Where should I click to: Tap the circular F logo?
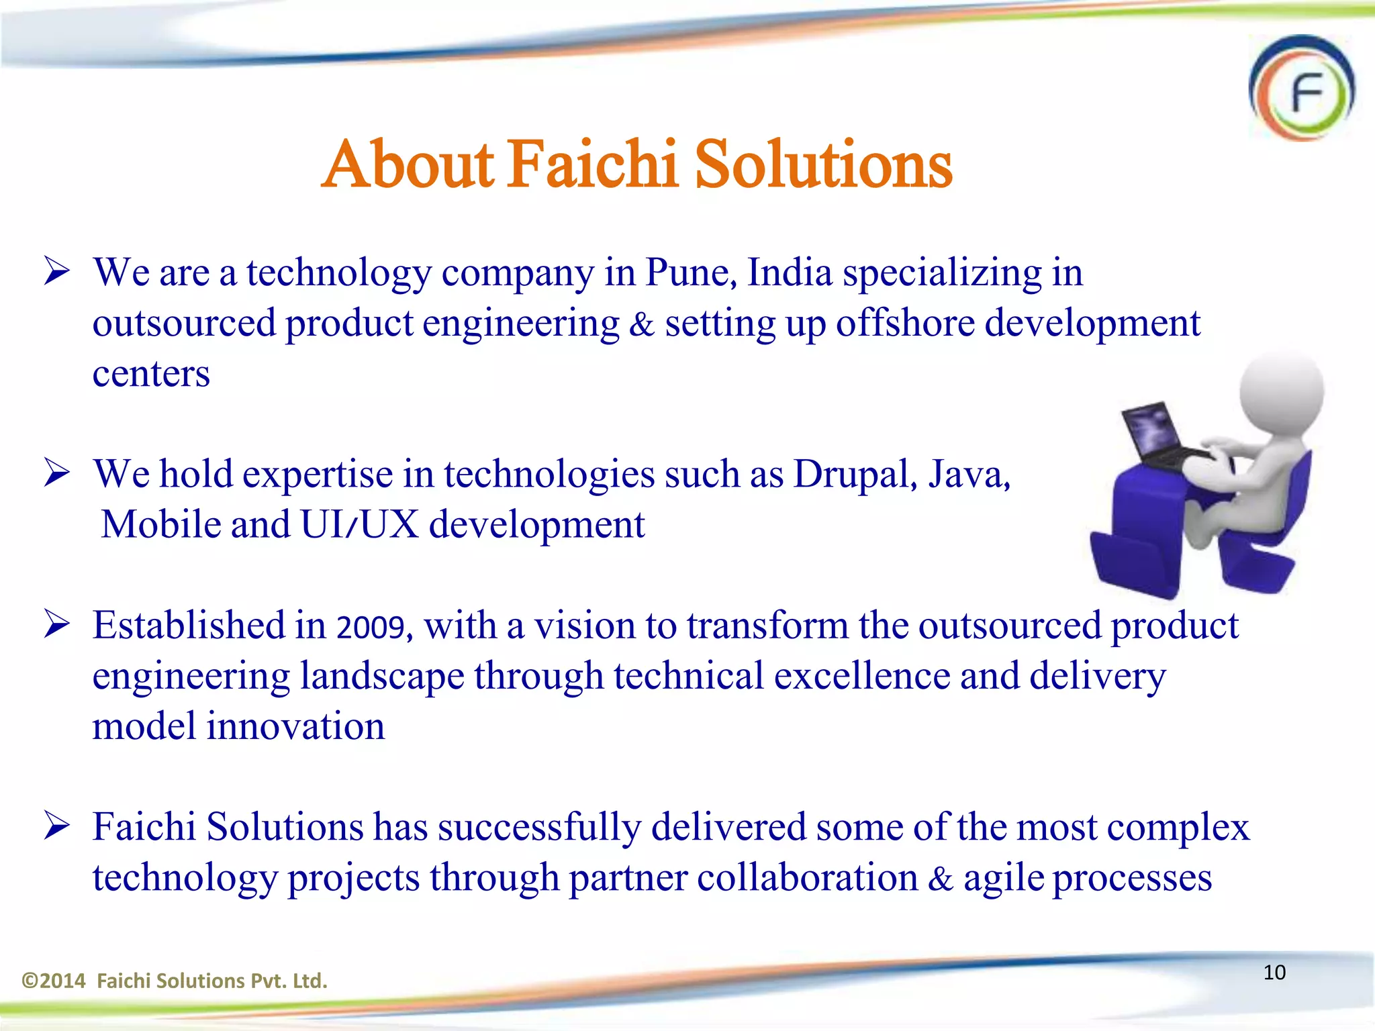1302,89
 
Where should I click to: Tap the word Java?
968,474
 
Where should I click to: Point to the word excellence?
862,676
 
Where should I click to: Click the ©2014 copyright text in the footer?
54,981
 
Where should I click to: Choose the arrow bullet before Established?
57,624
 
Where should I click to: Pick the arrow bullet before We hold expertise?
57,473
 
